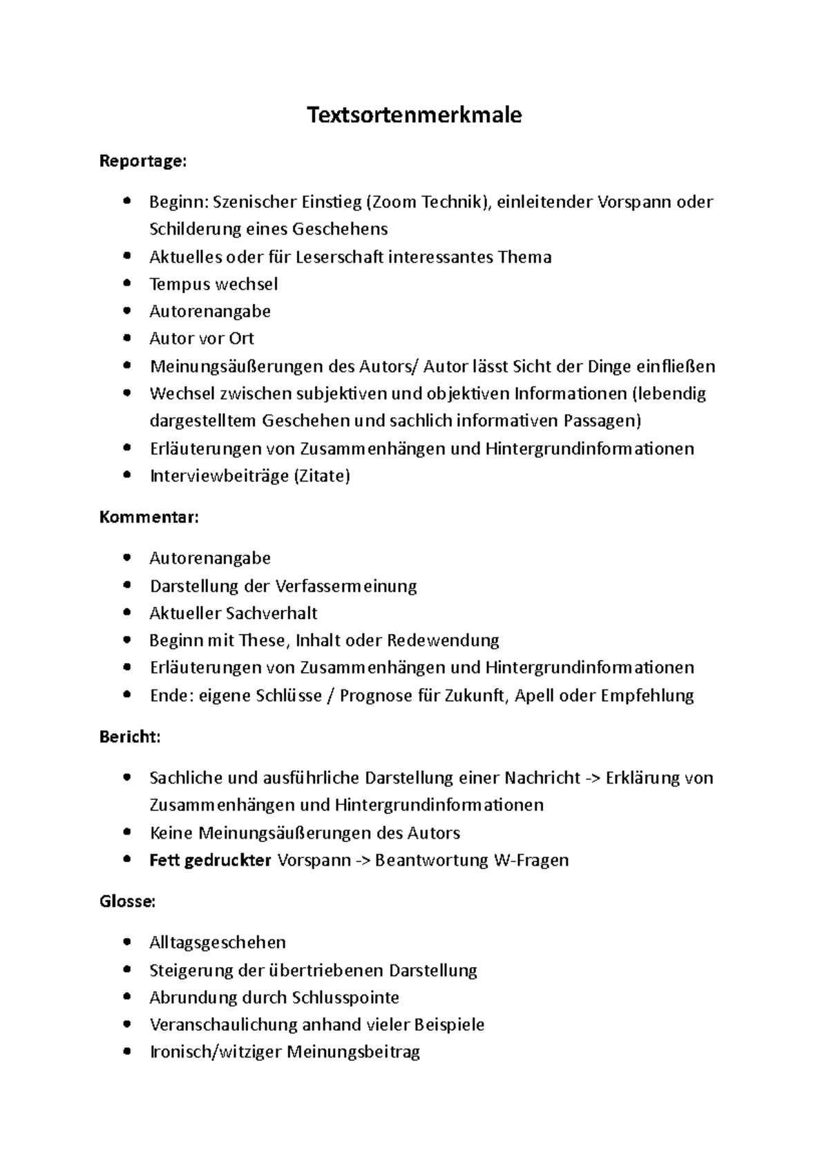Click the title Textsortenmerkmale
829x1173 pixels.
[x=414, y=115]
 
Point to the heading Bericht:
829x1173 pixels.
[x=130, y=736]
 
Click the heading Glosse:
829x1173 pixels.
[x=128, y=902]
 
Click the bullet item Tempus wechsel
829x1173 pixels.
[x=213, y=284]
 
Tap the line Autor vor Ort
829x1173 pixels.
[x=202, y=338]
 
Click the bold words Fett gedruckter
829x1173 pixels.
[x=210, y=860]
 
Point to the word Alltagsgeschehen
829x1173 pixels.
[x=218, y=942]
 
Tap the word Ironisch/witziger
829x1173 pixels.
[x=216, y=1052]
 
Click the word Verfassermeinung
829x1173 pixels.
[x=346, y=586]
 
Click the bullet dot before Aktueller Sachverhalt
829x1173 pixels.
[x=126, y=613]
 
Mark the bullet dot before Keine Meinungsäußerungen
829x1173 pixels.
[x=126, y=832]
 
